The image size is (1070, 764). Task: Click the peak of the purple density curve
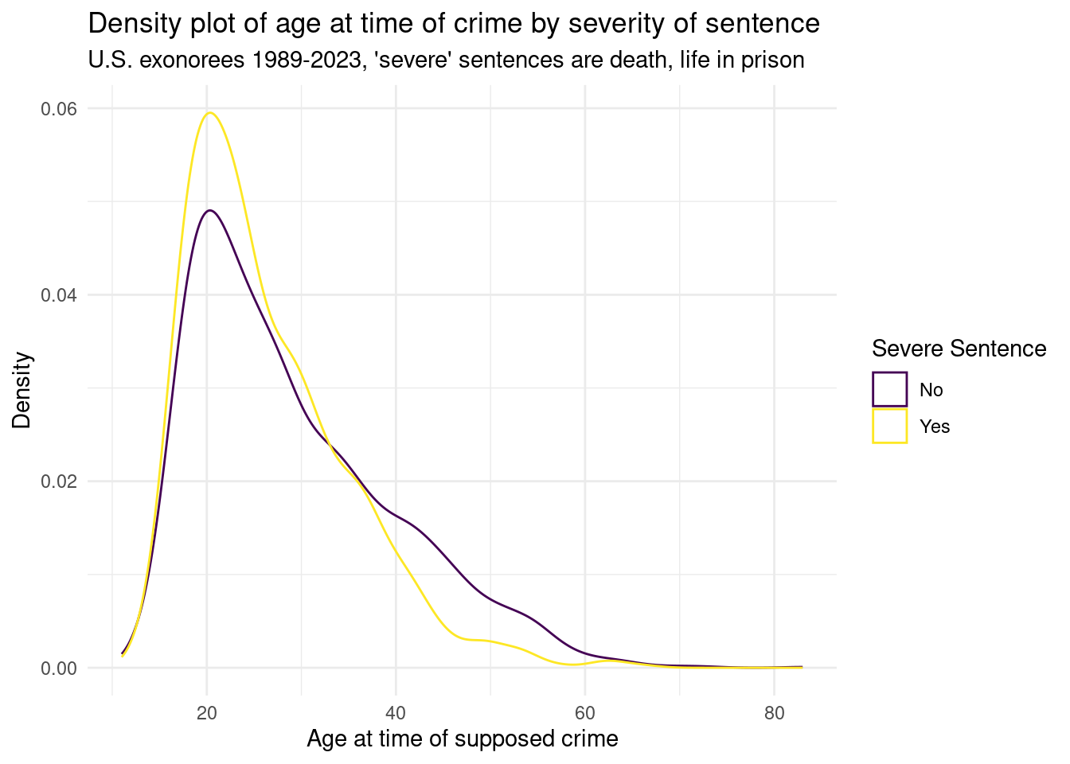[x=209, y=210]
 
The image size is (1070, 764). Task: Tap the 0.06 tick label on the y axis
[x=59, y=109]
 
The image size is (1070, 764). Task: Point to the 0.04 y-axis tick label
[x=59, y=295]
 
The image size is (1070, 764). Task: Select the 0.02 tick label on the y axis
[x=59, y=481]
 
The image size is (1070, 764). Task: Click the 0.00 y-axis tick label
[x=59, y=668]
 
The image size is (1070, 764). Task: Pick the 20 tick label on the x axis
[x=207, y=713]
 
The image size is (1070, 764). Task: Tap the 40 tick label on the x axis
[x=396, y=713]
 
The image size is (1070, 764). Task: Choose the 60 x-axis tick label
[x=584, y=713]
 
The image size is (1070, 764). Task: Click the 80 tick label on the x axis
[x=773, y=713]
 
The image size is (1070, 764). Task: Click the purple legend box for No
[x=889, y=389]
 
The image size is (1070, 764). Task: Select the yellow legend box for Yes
[x=889, y=426]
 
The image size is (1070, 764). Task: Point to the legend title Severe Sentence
[x=959, y=349]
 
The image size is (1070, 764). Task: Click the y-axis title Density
[x=22, y=390]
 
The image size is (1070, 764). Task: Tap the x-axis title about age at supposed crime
[x=463, y=739]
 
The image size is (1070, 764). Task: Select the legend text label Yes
[x=935, y=427]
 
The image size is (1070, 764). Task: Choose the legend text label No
[x=931, y=390]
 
